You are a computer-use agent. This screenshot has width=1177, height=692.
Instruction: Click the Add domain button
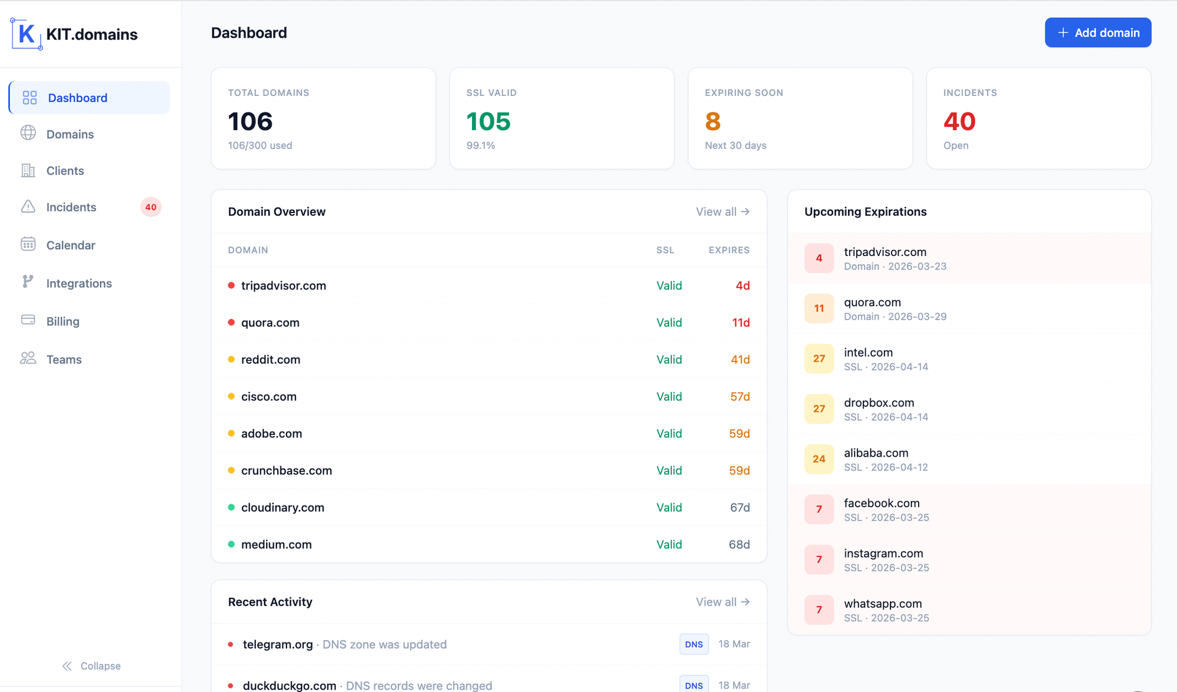coord(1098,33)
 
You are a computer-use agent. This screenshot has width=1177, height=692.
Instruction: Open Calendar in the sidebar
coord(71,245)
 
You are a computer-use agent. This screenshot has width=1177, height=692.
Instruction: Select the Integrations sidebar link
coord(79,284)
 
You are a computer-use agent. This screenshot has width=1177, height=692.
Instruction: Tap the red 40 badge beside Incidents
coord(151,207)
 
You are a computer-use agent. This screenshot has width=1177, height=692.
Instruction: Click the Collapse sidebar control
coord(92,666)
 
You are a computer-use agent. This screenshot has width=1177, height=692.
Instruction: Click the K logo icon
coord(26,34)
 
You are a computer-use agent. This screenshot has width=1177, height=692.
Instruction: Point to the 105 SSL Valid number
coord(488,122)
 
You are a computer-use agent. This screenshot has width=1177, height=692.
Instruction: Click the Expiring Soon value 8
coord(713,122)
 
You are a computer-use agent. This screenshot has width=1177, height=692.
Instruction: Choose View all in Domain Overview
coord(723,212)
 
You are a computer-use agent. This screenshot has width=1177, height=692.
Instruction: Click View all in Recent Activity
coord(723,602)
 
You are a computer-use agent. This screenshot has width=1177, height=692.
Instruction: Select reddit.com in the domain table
coord(271,360)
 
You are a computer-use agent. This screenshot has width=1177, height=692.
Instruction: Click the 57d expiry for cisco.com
coord(740,397)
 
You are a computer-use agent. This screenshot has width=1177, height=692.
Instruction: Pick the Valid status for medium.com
coord(669,545)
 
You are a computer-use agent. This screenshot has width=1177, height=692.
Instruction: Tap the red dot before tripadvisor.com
coord(231,285)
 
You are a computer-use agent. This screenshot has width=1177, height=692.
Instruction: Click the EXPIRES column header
coord(729,250)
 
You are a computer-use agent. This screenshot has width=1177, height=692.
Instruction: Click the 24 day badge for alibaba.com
coord(819,459)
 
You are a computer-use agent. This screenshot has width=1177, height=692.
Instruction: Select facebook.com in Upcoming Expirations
coord(882,503)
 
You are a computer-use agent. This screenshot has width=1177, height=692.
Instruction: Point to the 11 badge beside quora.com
coord(819,308)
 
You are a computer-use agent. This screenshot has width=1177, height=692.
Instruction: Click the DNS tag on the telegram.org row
coord(694,644)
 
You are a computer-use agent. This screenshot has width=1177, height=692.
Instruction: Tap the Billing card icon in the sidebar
coord(28,320)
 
